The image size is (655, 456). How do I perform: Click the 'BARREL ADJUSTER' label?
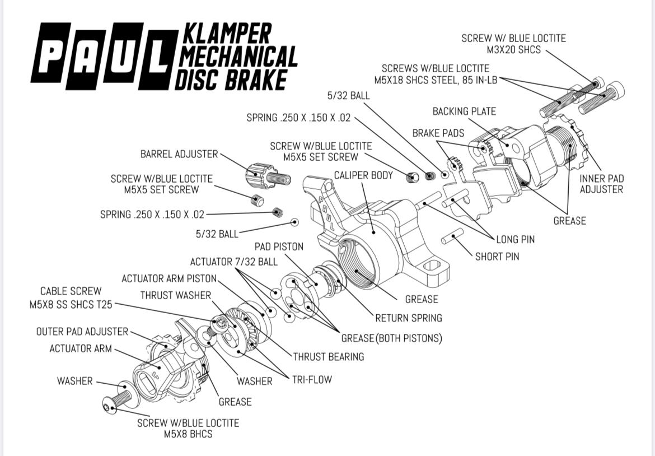(x=179, y=154)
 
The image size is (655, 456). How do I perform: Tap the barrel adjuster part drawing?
(x=268, y=176)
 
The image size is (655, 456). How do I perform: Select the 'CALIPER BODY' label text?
(x=363, y=175)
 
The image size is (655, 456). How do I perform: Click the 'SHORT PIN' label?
(x=497, y=256)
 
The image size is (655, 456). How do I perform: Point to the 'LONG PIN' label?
(x=516, y=240)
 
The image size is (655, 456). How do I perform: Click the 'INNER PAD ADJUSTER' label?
(x=601, y=184)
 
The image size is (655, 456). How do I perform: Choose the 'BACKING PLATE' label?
(x=464, y=111)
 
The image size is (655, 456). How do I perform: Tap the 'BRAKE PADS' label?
(x=438, y=133)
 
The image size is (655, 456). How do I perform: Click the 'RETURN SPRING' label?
(x=409, y=318)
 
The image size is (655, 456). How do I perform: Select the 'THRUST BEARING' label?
(x=328, y=357)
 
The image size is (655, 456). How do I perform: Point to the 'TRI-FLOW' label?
(x=312, y=379)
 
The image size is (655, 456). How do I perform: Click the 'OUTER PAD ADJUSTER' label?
(x=82, y=332)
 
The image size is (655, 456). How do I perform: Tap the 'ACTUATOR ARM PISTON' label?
(x=169, y=278)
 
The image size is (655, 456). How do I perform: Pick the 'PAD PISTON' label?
(x=279, y=246)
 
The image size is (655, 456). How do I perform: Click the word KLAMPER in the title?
(x=228, y=33)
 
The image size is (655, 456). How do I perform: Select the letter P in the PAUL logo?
(x=50, y=52)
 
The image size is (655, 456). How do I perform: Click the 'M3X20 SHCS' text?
(x=514, y=50)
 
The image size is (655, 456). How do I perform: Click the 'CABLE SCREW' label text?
(x=71, y=291)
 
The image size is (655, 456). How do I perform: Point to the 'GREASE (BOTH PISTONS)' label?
(x=391, y=338)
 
